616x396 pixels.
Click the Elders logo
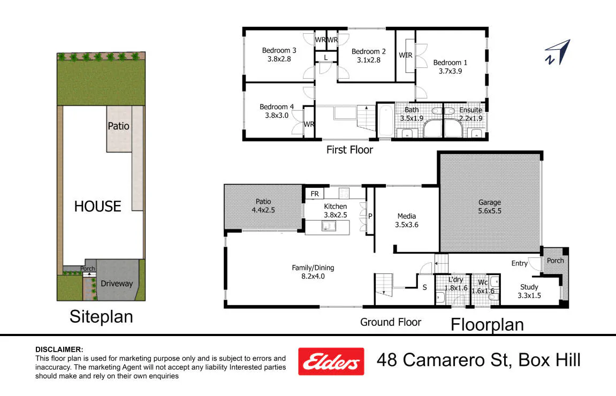pyautogui.click(x=331, y=361)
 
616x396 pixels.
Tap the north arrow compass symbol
pyautogui.click(x=558, y=52)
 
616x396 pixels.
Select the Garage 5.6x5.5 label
pyautogui.click(x=490, y=207)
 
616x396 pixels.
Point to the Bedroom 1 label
pyautogui.click(x=450, y=67)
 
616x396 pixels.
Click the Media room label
pyautogui.click(x=407, y=220)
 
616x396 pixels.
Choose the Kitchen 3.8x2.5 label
pyautogui.click(x=335, y=210)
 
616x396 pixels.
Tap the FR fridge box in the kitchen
pyautogui.click(x=315, y=194)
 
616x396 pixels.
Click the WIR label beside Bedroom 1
pyautogui.click(x=406, y=56)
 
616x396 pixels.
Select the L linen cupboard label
pyautogui.click(x=326, y=58)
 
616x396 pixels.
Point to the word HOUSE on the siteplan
pyautogui.click(x=98, y=206)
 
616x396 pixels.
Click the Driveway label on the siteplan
pyautogui.click(x=117, y=283)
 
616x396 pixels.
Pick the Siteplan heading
pyautogui.click(x=101, y=317)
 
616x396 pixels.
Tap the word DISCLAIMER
pyautogui.click(x=59, y=349)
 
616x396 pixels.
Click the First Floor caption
pyautogui.click(x=349, y=150)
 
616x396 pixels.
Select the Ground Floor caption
pyautogui.click(x=391, y=322)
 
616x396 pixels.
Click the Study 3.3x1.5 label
pyautogui.click(x=529, y=291)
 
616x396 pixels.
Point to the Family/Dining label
pyautogui.click(x=313, y=272)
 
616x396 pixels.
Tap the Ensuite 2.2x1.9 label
pyautogui.click(x=470, y=114)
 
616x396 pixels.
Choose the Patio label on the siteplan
pyautogui.click(x=119, y=126)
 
